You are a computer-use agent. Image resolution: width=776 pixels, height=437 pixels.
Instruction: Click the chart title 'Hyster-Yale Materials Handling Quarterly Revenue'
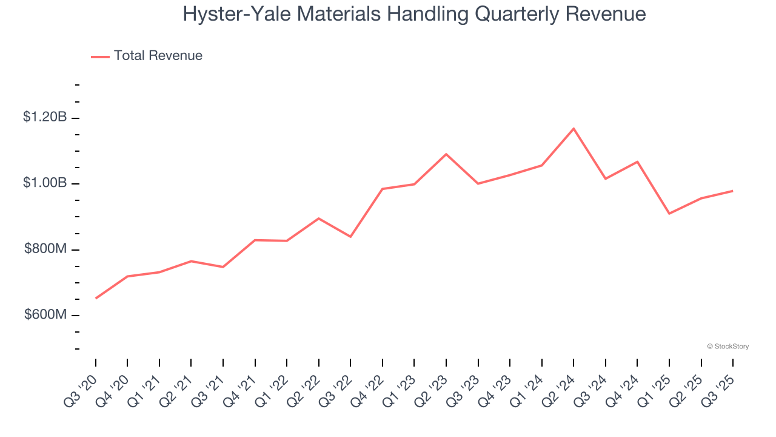pos(414,14)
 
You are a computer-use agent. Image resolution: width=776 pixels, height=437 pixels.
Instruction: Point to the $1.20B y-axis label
pos(45,117)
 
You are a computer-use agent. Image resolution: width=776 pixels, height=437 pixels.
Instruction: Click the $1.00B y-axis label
pos(45,183)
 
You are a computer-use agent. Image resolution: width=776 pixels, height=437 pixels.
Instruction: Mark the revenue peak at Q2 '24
pos(574,128)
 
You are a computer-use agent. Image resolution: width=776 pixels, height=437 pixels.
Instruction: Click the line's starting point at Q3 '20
pos(96,299)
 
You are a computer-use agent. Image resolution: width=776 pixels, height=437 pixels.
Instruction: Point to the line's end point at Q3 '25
pos(733,191)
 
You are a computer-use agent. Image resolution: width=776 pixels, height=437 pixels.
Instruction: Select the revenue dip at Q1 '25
pos(669,214)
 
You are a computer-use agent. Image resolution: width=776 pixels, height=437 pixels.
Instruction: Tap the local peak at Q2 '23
pos(446,154)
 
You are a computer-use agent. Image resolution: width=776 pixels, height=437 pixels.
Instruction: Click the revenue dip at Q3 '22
pos(350,237)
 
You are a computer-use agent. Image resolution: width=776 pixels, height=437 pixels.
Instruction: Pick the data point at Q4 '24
pos(637,161)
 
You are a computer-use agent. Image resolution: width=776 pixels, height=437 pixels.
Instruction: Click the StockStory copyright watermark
pos(727,347)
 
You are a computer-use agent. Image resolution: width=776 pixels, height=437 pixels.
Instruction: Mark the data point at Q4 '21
pos(255,240)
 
